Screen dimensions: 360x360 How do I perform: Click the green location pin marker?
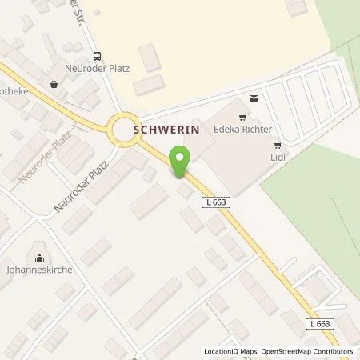point(181,162)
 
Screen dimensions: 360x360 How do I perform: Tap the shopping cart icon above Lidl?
point(278,146)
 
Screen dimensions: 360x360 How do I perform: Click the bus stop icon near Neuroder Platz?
point(98,56)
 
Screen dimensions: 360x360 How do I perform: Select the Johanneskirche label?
point(39,270)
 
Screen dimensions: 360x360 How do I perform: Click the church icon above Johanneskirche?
point(38,257)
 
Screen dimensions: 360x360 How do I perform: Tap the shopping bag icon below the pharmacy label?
point(54,83)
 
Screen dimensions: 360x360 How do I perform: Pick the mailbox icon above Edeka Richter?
point(254,98)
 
